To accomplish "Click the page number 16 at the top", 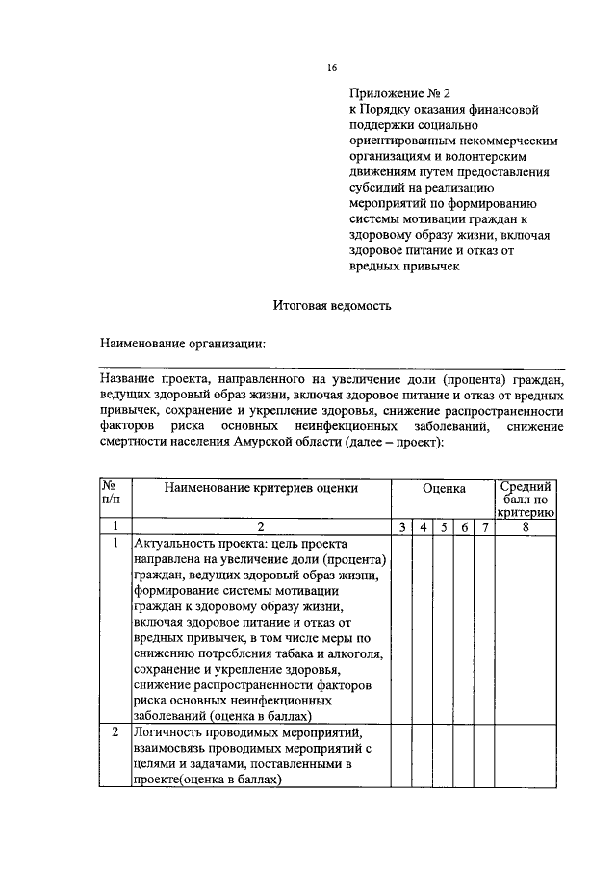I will point(332,67).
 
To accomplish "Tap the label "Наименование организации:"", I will point(183,343).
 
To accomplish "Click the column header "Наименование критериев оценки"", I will point(260,488).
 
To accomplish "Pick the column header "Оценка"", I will point(443,488).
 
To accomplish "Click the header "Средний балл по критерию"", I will point(526,500).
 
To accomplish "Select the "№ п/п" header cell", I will point(113,494).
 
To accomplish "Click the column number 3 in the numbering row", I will point(400,526).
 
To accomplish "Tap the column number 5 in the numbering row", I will point(443,526).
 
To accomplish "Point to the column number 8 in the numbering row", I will point(526,526).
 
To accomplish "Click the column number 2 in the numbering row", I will point(260,526).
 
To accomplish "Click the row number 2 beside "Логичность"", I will point(115,732).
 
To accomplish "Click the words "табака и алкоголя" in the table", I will point(327,654).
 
